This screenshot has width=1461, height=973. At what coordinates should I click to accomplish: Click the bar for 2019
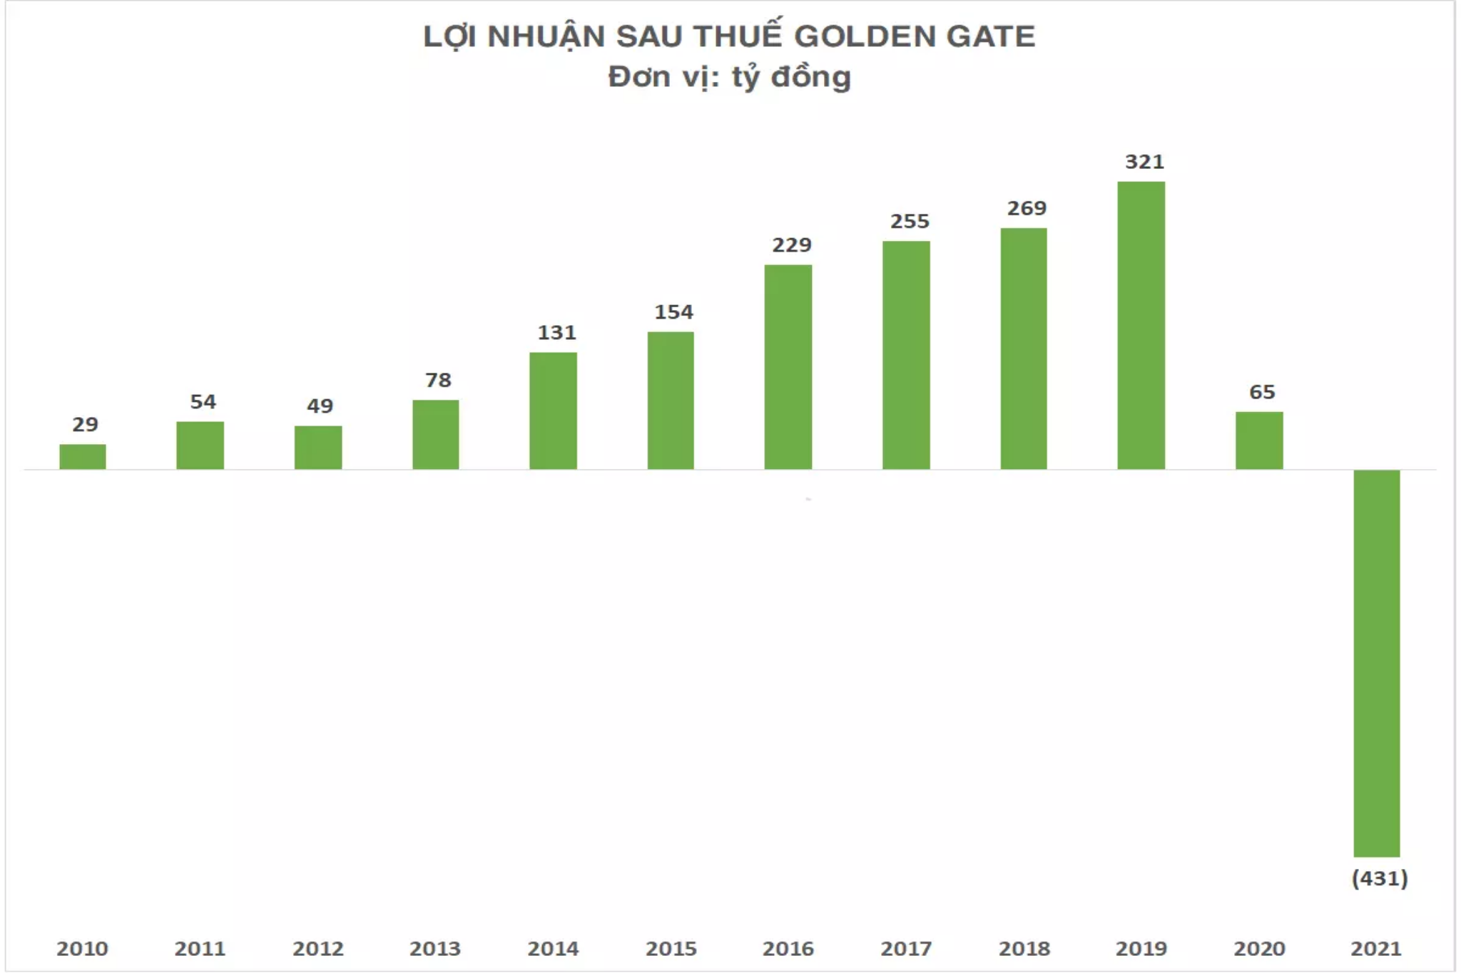click(x=1141, y=325)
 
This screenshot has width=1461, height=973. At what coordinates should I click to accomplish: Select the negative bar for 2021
click(x=1376, y=663)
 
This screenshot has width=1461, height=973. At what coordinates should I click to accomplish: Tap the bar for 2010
click(x=83, y=456)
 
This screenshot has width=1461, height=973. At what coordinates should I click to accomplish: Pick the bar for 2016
click(x=788, y=366)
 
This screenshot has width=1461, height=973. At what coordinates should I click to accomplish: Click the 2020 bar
click(x=1258, y=440)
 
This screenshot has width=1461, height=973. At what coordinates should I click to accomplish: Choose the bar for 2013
click(x=435, y=434)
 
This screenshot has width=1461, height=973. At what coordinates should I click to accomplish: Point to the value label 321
click(x=1144, y=162)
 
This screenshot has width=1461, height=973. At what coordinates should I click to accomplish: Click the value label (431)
click(x=1379, y=878)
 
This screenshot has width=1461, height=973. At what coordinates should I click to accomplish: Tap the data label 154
click(x=673, y=312)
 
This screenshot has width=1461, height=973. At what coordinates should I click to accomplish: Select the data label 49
click(x=320, y=406)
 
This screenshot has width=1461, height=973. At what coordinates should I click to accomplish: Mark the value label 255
click(x=910, y=222)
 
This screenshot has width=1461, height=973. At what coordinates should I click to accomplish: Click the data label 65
click(x=1261, y=392)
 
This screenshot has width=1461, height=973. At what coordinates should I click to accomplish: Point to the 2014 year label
click(x=553, y=949)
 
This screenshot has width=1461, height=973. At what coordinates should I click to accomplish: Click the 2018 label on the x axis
click(x=1024, y=949)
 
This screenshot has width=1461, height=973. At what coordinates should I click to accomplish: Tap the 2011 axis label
click(x=200, y=949)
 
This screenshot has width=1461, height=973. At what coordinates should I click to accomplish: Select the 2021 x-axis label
click(x=1375, y=949)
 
